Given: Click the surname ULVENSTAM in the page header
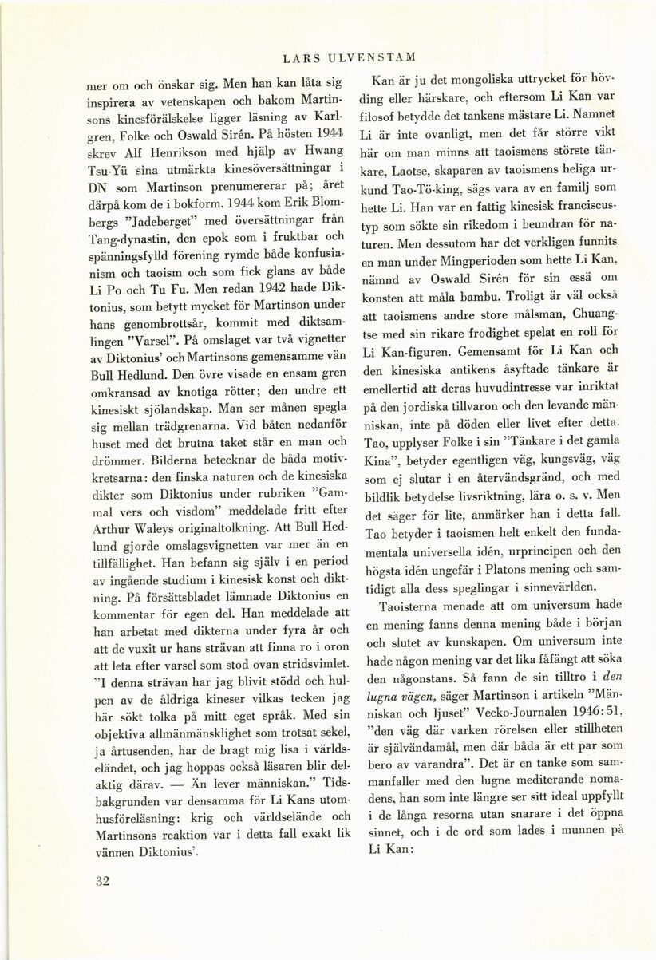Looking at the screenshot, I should pos(377,57).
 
